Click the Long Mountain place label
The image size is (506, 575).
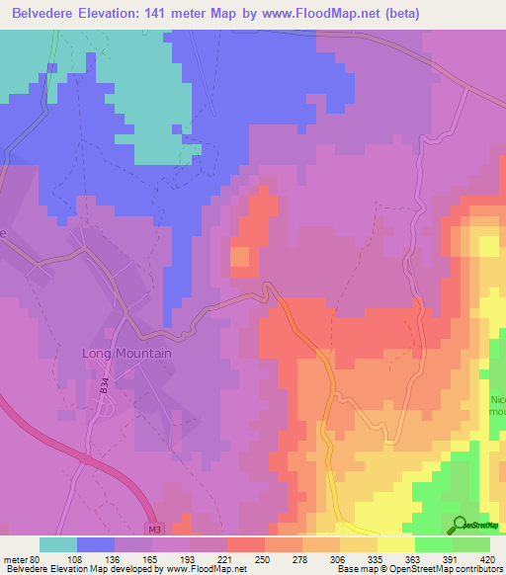[x=126, y=354]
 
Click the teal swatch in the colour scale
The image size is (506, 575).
[x=58, y=544]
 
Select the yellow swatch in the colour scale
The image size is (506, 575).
[x=395, y=544]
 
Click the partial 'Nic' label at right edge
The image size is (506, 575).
[x=497, y=400]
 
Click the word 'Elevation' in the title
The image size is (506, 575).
[x=112, y=14]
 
